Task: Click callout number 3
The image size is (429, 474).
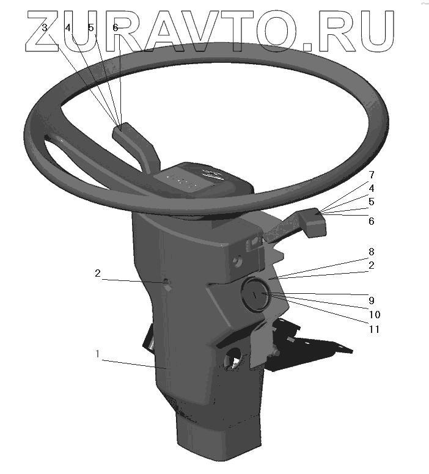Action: pos(45,28)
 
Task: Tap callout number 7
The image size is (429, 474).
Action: pos(372,175)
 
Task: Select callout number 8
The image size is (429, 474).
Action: pos(371,252)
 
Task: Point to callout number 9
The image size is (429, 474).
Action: pos(371,301)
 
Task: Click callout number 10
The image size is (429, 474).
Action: pos(375,315)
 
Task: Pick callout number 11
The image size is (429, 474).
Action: pos(374,329)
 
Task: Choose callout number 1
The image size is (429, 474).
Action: pos(97,354)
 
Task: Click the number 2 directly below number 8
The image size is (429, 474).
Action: pos(371,266)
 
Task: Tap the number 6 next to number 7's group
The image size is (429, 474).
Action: pos(371,221)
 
